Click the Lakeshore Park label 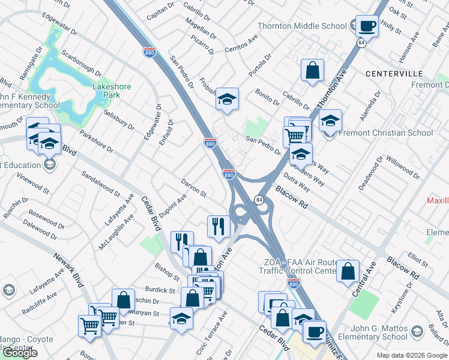(111, 91)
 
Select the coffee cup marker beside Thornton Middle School (366, 26)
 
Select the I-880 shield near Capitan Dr (149, 53)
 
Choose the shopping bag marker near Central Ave (348, 271)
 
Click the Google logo (20, 353)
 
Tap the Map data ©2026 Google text (411, 355)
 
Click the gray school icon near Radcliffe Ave (8, 290)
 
